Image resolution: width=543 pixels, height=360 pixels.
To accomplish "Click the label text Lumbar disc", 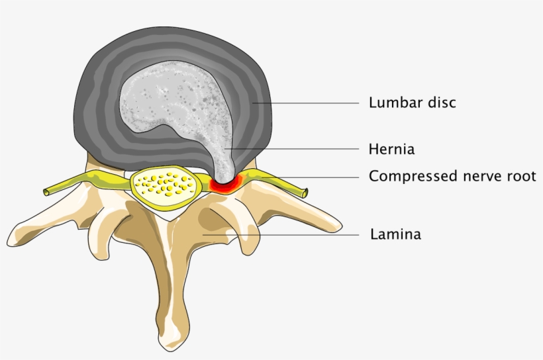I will pos(413,103).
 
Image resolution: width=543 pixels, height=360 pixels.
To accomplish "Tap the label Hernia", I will pos(391,149).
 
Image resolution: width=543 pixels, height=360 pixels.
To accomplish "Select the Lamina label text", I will pos(395,234).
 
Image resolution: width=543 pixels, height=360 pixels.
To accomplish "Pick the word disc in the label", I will pos(443,103).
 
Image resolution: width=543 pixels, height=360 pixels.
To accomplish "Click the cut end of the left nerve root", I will pos(47,192).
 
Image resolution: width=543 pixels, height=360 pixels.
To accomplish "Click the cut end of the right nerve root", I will pos(305,193).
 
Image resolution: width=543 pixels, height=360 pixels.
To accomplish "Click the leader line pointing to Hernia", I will pos(298,149).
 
